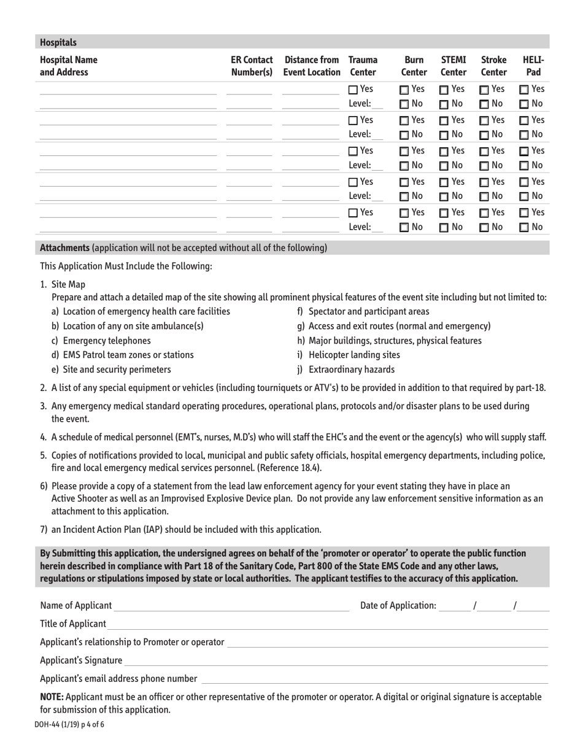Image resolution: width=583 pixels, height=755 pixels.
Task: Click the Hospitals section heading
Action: tap(58, 42)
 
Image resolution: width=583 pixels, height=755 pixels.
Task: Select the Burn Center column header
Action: tap(414, 66)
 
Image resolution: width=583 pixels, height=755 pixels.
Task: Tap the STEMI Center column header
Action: tap(454, 66)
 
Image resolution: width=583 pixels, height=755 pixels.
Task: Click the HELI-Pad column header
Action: tap(533, 66)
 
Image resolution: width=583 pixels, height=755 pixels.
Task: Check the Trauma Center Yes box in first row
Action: tap(353, 90)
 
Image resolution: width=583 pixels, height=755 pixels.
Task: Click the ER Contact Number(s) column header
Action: tap(252, 66)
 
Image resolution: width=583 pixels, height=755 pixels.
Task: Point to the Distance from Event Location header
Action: tap(312, 66)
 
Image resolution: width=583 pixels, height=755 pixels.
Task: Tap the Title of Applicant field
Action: tap(327, 624)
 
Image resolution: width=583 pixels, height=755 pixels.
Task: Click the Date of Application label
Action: tap(398, 606)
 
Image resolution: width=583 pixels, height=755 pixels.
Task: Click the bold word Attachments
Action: tap(64, 248)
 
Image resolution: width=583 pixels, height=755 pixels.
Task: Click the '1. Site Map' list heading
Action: tap(63, 284)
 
